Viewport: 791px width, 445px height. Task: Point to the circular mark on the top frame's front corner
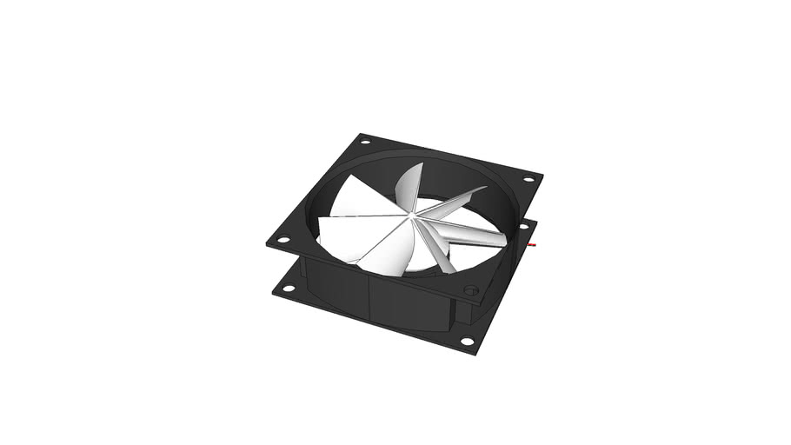pos(471,290)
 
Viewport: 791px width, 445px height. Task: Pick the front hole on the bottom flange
pos(467,342)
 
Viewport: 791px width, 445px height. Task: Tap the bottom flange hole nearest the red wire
pos(523,225)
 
